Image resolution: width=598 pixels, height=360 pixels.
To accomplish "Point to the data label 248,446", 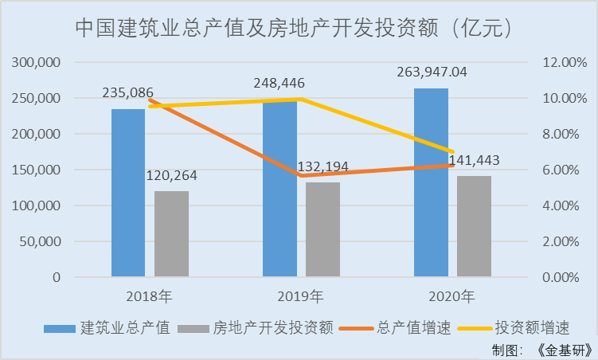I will click(279, 83).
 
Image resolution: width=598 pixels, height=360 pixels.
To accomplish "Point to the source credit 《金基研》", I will click(564, 350).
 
